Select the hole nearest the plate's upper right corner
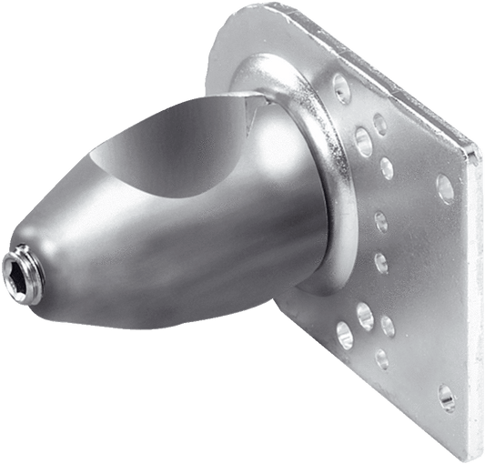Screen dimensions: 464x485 point(445,187)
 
